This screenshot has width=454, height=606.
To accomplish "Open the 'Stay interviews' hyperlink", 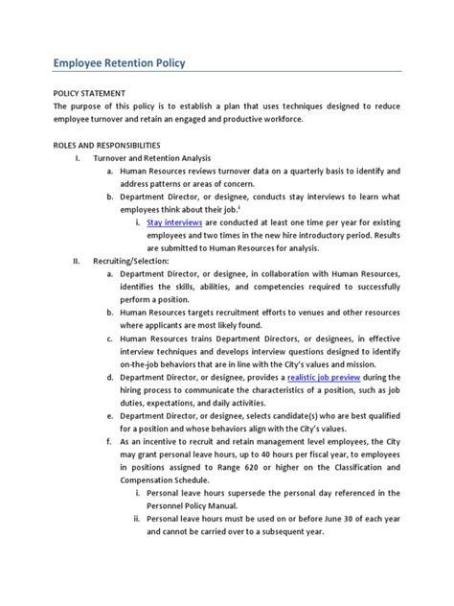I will (x=173, y=221).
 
